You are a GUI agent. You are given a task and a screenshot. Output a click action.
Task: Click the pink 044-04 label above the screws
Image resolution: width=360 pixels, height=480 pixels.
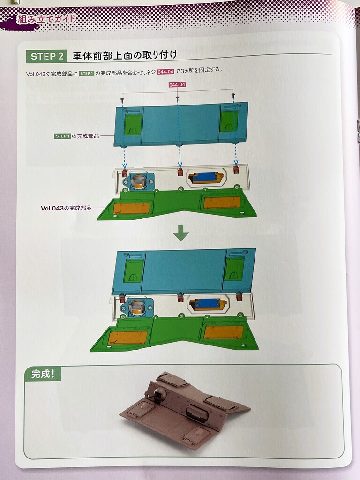coord(177,84)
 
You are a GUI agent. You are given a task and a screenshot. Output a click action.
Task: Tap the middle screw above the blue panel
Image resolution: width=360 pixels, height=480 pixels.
coord(177,98)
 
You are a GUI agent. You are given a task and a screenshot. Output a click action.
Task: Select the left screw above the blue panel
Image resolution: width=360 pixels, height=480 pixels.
coord(122,100)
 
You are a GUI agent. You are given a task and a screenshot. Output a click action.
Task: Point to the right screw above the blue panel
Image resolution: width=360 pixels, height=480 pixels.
coord(233,95)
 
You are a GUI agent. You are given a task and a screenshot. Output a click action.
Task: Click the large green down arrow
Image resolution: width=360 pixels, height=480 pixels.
coord(180,232)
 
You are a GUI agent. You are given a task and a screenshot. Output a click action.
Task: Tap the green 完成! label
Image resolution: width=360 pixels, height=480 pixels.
coord(43,374)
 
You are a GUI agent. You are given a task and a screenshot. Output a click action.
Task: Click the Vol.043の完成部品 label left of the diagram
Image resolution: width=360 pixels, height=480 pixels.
coord(66,208)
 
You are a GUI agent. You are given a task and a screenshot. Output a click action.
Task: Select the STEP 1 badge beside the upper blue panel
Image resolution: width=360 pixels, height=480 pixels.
coord(62,136)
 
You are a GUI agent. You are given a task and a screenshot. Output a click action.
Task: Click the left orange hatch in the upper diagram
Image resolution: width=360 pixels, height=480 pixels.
coord(131,209)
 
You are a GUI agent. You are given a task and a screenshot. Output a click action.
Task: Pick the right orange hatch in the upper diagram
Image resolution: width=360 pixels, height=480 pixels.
coord(222,202)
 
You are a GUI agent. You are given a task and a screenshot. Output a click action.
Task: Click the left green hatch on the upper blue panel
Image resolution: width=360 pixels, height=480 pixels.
coord(133,125)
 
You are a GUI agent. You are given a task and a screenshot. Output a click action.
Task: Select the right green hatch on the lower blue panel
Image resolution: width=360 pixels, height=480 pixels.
coord(234,270)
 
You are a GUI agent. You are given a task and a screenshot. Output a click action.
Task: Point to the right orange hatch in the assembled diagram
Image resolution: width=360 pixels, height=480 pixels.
coord(224,332)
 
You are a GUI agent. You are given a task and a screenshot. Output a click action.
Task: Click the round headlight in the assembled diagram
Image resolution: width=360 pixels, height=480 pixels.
coord(136,308)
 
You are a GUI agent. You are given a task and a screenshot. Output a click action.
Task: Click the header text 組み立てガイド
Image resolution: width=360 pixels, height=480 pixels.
coord(46,19)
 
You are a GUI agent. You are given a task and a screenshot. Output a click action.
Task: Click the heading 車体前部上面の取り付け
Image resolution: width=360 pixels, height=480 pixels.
coord(125,55)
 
